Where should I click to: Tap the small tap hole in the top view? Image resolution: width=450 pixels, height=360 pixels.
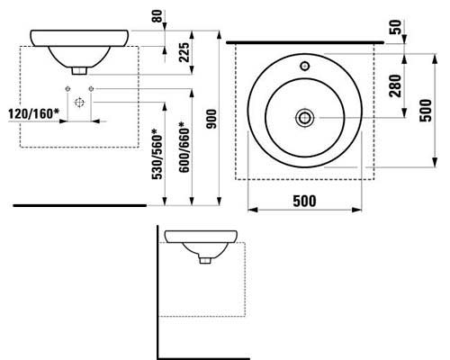pos(306,66)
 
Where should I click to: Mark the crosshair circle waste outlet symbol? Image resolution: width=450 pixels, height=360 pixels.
pos(79,103)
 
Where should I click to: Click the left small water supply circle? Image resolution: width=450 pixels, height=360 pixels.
pos(67,88)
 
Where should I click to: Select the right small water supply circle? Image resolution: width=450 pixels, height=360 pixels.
pos(93,88)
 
